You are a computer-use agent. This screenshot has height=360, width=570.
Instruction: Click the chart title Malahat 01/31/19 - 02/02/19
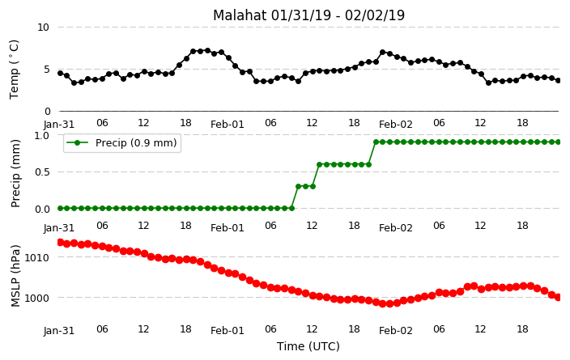(308, 15)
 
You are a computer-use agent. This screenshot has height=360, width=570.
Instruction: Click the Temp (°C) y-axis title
(14, 70)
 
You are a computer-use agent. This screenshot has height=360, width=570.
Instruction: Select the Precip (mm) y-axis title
(15, 173)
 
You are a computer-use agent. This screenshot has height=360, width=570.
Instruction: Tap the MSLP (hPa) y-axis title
(15, 276)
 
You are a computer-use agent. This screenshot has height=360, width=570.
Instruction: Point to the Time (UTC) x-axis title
(308, 346)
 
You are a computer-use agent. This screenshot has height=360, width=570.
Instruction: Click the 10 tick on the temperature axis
(43, 28)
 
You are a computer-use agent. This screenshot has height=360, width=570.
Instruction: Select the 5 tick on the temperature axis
(46, 70)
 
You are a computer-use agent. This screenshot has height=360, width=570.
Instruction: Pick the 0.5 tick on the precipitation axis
(42, 172)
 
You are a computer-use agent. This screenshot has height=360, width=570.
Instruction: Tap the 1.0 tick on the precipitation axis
(42, 135)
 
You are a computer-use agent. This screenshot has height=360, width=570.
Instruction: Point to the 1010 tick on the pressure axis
(36, 257)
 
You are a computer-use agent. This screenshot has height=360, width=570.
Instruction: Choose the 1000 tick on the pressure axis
(36, 298)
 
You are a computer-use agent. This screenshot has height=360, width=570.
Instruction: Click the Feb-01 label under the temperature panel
(228, 125)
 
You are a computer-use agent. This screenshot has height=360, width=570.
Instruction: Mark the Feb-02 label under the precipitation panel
(395, 228)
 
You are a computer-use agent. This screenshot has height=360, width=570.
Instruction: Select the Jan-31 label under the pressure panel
(59, 331)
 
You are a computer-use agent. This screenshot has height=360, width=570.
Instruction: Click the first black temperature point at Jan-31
(61, 74)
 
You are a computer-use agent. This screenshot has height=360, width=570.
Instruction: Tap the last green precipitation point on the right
(559, 142)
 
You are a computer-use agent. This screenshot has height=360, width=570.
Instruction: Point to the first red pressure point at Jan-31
(61, 243)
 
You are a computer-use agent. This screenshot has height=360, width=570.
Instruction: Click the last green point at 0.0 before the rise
(291, 208)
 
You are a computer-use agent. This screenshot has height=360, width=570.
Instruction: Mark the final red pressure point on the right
(559, 297)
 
